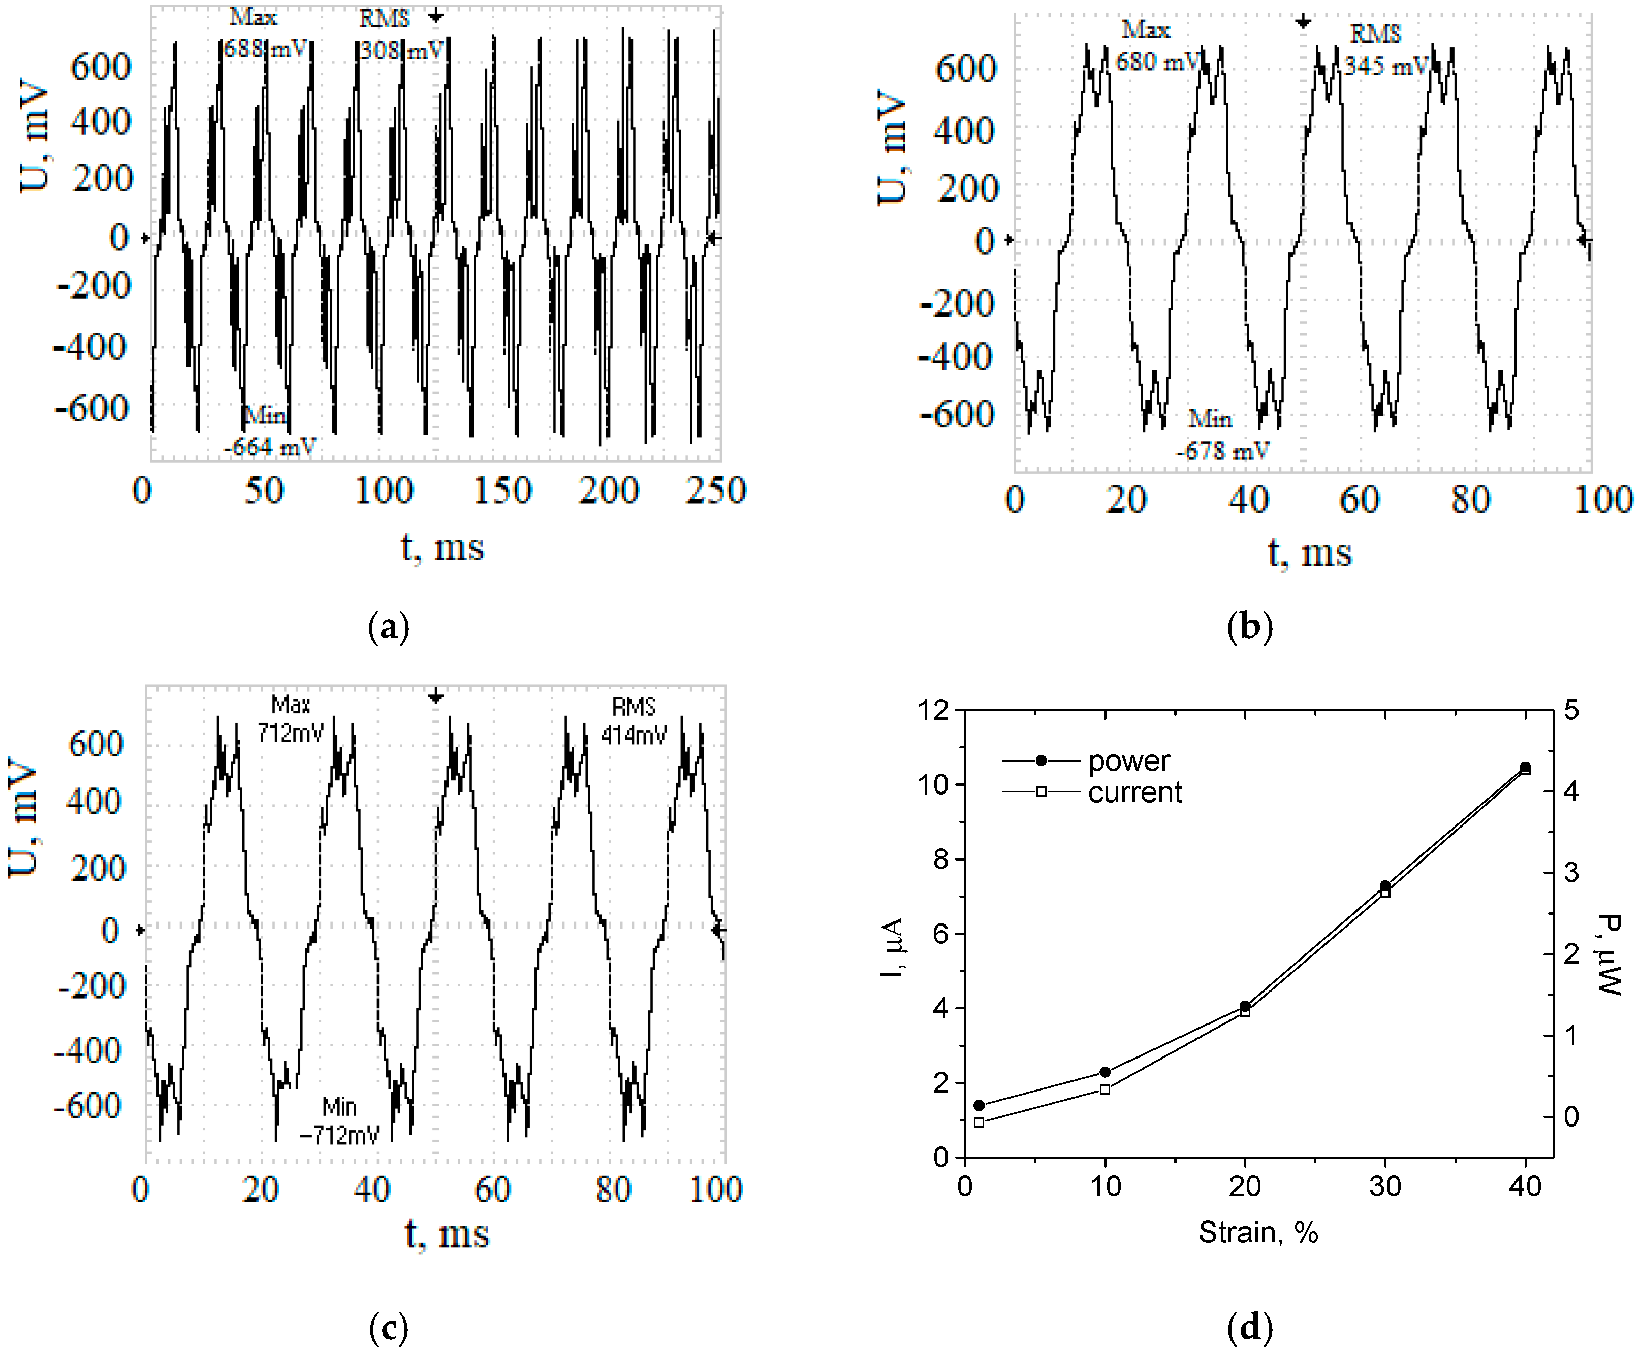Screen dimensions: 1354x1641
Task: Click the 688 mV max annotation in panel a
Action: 265,48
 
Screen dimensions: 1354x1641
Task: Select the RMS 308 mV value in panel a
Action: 401,50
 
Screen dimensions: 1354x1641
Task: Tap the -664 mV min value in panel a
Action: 270,447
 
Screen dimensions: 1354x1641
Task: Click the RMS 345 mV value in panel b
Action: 1386,65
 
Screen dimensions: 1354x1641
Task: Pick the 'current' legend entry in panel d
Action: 1134,792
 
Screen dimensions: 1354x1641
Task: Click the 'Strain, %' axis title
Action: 1258,1232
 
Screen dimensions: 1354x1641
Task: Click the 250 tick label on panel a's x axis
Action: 715,490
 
